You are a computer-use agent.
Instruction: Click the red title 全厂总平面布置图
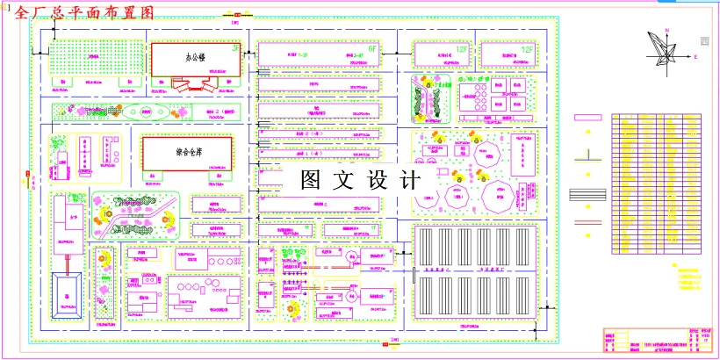coord(84,12)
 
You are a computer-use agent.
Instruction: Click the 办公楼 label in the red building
coord(195,58)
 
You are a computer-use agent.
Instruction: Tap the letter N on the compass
coord(668,30)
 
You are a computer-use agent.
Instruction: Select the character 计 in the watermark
coord(409,181)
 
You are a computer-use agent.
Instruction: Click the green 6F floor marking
coord(371,50)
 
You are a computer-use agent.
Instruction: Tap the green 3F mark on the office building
coord(234,49)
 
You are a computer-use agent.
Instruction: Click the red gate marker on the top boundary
coord(235,15)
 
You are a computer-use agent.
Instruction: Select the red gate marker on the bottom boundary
coord(385,345)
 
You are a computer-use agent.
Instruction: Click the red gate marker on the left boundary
coord(28,175)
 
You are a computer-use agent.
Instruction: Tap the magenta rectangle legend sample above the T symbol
coord(587,118)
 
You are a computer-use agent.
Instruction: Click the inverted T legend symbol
coord(587,156)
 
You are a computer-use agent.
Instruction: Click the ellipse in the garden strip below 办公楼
coord(145,112)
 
